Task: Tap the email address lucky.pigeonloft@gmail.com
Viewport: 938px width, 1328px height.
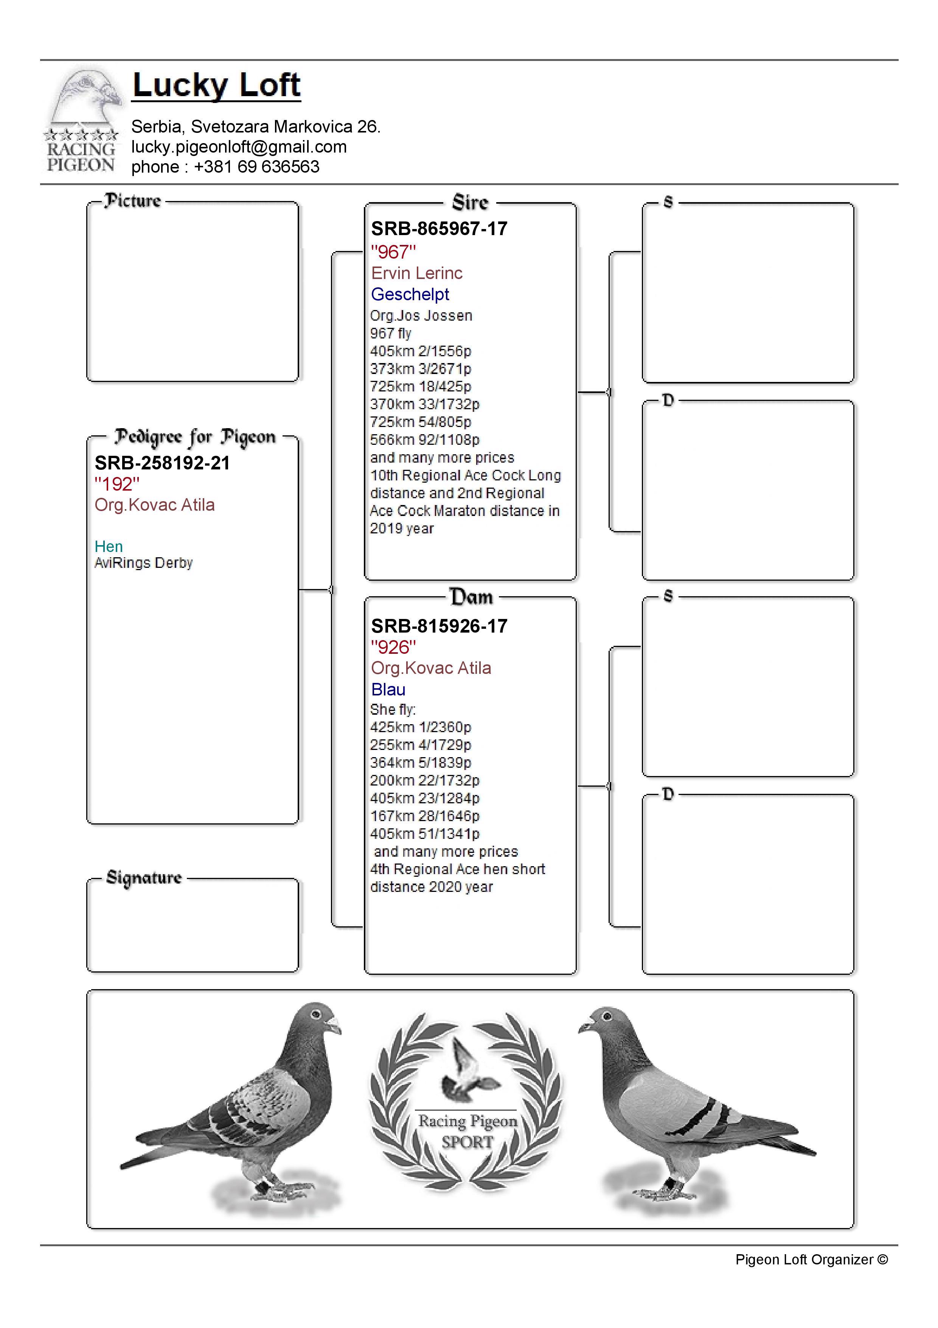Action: (x=239, y=147)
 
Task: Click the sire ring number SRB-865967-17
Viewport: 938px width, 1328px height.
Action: (x=439, y=229)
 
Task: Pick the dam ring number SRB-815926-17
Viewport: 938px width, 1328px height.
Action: (x=439, y=626)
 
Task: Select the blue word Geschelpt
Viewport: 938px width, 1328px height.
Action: (x=409, y=295)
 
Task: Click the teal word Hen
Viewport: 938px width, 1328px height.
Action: (x=109, y=547)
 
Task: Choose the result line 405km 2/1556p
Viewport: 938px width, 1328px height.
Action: (x=420, y=351)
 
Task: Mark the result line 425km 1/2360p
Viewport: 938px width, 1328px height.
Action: (x=420, y=727)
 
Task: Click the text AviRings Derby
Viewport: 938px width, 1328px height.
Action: (x=143, y=563)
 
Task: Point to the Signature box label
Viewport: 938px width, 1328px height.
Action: (x=144, y=878)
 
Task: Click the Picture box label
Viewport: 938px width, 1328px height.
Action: (x=132, y=201)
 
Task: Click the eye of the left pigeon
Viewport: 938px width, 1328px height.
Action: (x=315, y=1015)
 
